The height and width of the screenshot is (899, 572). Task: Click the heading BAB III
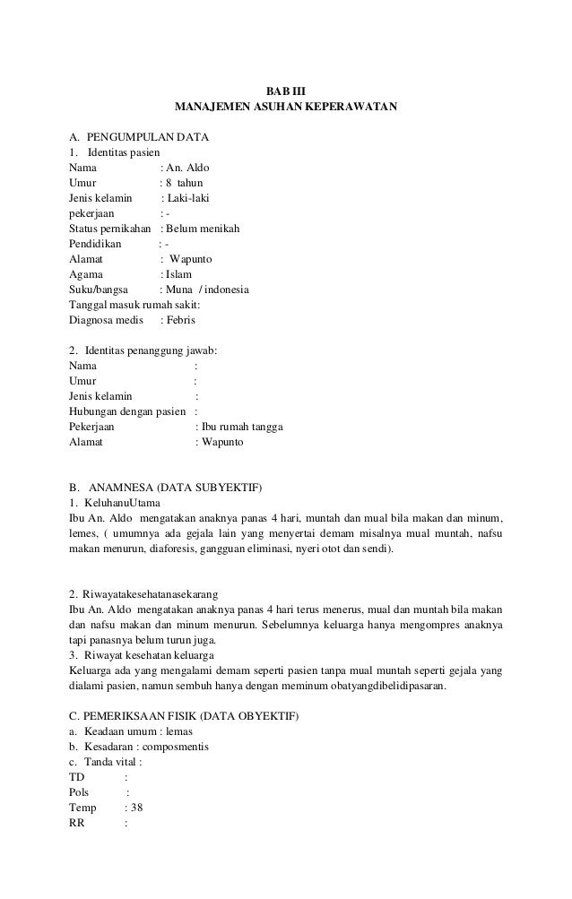click(286, 91)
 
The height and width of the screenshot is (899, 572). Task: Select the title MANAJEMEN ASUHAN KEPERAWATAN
click(286, 108)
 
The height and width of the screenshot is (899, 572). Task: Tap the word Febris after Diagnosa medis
click(179, 320)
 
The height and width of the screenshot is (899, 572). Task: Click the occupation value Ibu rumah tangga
click(244, 428)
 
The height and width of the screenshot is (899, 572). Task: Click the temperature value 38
click(137, 808)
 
